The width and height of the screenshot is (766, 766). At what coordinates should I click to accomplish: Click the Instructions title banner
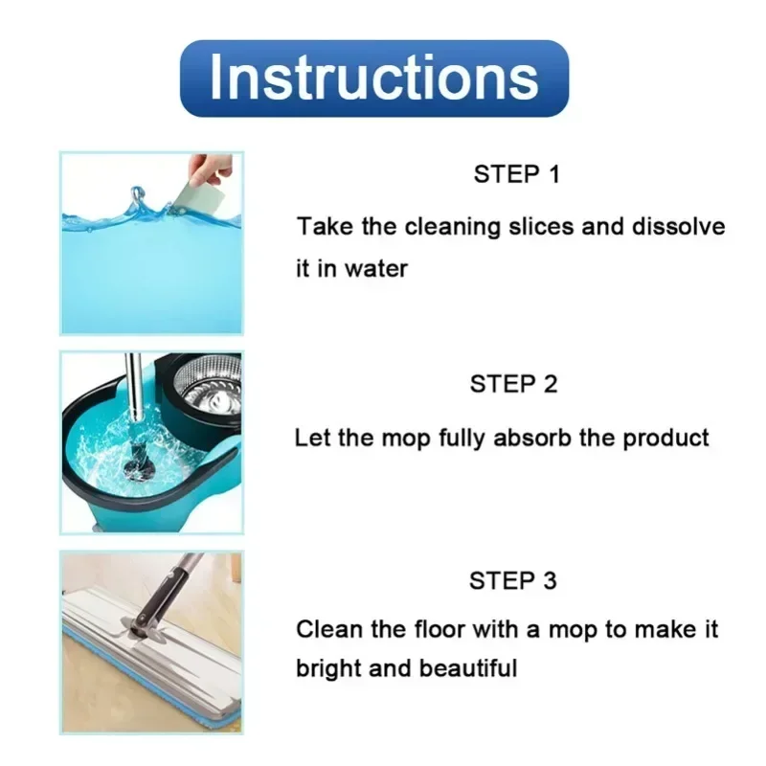pos(374,79)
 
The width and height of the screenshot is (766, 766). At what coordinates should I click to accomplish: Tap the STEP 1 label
pos(515,174)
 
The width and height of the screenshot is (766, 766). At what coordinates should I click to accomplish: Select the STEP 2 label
pos(513,384)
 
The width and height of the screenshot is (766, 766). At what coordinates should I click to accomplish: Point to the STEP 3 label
pos(513,580)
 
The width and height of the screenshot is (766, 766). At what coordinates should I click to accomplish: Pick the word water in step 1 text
pos(375,269)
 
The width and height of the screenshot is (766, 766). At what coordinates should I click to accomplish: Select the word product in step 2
pos(666,439)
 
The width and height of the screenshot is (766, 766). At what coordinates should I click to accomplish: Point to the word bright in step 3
pos(328,667)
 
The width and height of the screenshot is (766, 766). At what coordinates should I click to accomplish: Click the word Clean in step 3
pos(322,630)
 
